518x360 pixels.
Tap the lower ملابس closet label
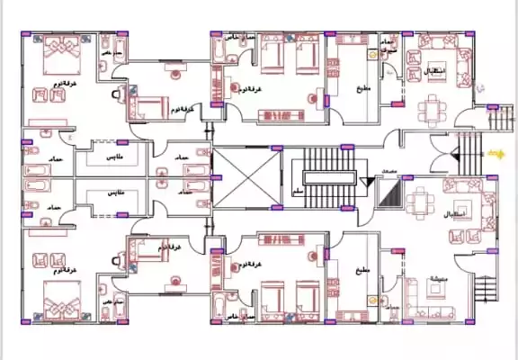point(116,193)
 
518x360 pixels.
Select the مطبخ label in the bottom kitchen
point(362,269)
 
